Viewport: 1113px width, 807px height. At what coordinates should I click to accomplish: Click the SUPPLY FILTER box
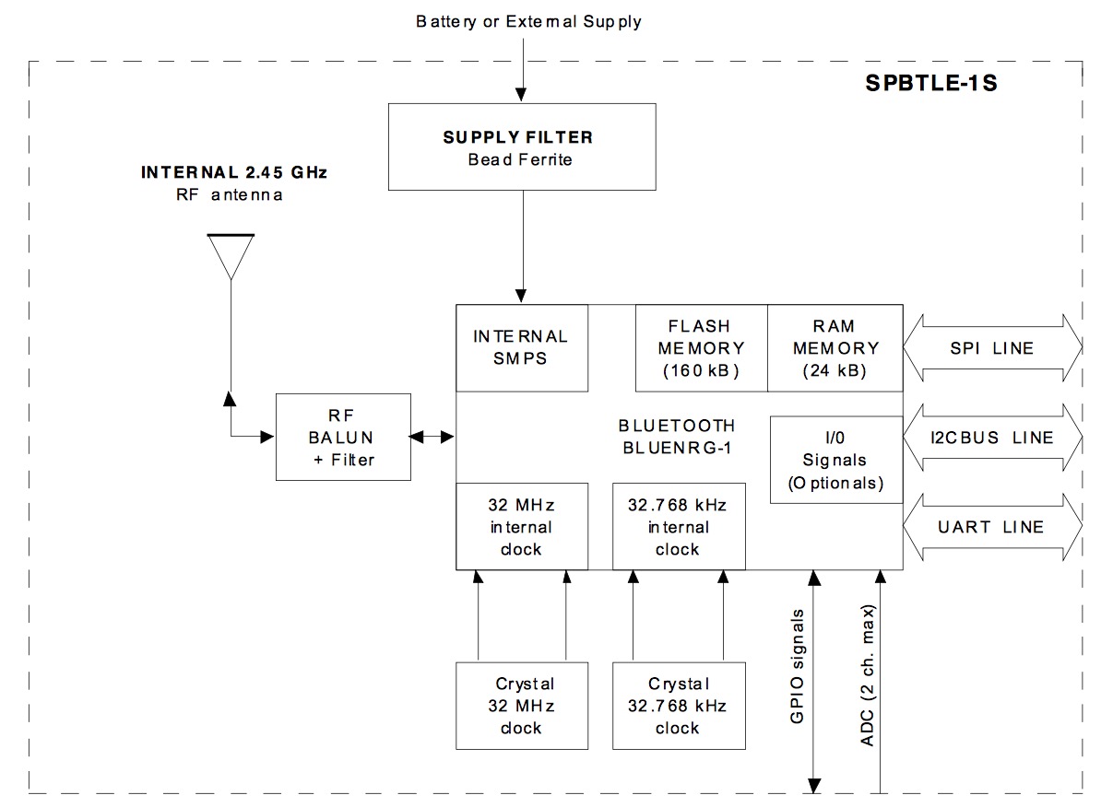click(x=522, y=147)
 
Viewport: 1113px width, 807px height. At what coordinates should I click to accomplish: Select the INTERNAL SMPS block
click(x=522, y=347)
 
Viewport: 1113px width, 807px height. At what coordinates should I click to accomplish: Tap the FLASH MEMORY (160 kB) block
click(x=701, y=348)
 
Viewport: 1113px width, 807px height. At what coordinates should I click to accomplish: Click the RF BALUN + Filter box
click(x=343, y=437)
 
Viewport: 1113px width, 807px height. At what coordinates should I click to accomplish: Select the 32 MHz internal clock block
click(x=522, y=527)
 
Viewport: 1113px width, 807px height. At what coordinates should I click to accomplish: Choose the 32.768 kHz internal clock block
click(x=678, y=527)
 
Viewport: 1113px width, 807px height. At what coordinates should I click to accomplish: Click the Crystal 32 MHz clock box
click(x=522, y=706)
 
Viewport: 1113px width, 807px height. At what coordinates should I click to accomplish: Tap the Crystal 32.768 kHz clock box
click(x=678, y=706)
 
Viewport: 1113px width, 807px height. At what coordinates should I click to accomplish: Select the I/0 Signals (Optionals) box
click(x=835, y=460)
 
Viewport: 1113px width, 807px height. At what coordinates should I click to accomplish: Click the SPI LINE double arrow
click(x=991, y=348)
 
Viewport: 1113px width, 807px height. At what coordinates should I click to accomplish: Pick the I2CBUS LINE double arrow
click(x=991, y=438)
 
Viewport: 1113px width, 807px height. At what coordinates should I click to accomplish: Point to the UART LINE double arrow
click(x=991, y=527)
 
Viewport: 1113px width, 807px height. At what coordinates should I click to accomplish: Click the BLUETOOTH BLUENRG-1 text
click(x=679, y=437)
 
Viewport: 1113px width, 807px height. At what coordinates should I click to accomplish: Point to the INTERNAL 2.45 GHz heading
click(x=234, y=172)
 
